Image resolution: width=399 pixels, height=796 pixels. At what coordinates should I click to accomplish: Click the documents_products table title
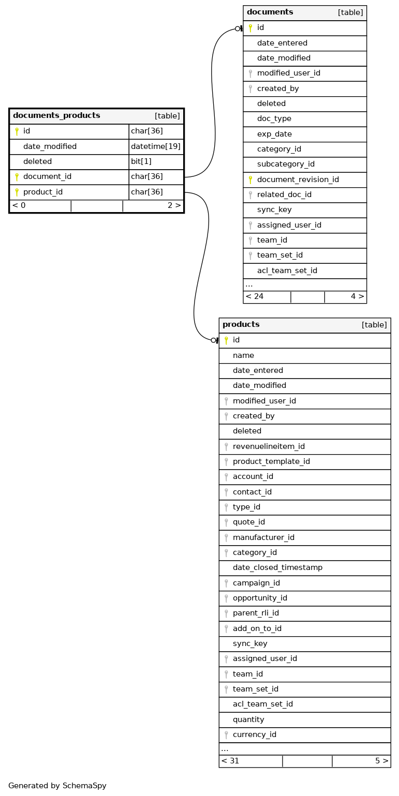(56, 115)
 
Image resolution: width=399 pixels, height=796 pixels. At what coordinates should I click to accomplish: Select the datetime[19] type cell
(155, 146)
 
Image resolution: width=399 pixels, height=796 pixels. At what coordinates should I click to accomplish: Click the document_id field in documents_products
(47, 177)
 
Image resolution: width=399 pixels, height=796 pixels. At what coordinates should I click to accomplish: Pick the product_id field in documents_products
(43, 192)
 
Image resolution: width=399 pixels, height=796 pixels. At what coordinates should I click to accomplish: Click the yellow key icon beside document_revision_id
(250, 179)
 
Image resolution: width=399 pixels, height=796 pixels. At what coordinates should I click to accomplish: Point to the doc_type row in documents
(274, 119)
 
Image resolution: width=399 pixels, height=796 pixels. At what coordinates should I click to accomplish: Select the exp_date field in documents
(274, 134)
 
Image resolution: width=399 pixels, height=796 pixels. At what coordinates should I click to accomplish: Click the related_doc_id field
(284, 194)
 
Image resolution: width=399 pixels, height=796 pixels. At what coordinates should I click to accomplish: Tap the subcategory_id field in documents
(286, 164)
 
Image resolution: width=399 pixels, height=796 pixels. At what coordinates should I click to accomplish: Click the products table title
(241, 325)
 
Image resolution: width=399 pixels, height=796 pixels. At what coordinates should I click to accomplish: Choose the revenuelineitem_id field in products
(269, 446)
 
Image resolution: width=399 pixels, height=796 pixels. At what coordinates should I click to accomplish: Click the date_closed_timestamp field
(277, 567)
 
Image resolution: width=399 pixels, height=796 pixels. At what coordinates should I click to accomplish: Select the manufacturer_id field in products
(263, 537)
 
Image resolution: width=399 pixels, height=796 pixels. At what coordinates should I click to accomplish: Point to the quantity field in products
(248, 719)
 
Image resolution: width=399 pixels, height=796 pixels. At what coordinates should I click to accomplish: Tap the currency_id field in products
(255, 734)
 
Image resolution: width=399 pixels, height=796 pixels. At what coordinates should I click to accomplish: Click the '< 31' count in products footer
(230, 761)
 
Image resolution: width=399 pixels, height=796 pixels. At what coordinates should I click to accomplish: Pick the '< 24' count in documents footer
(255, 296)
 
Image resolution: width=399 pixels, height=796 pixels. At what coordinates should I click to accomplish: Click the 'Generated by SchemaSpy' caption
(57, 786)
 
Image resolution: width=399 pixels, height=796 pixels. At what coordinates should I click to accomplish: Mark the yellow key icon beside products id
(226, 340)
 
